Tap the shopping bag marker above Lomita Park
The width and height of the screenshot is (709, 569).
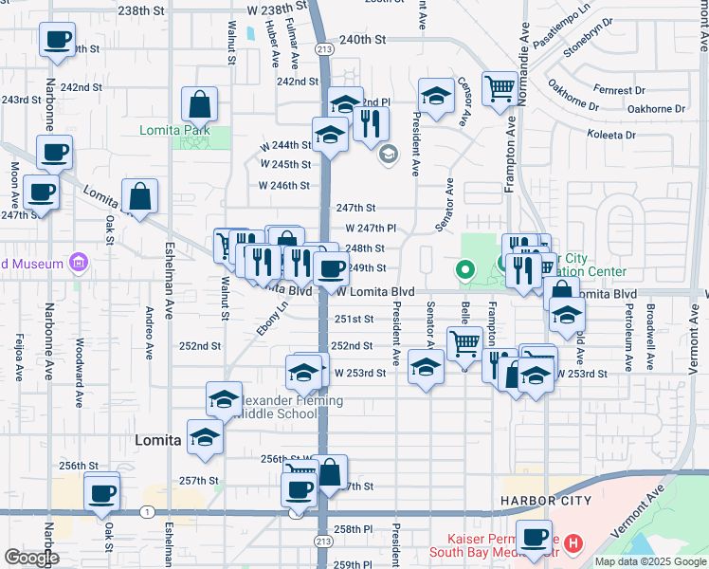(200, 103)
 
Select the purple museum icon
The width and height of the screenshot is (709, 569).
(79, 263)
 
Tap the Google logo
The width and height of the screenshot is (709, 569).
(31, 558)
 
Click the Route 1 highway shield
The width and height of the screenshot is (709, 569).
(146, 512)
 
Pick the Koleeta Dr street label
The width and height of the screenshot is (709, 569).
(611, 135)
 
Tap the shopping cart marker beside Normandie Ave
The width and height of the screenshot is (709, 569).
(500, 89)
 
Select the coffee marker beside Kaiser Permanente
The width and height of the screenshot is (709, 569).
(534, 536)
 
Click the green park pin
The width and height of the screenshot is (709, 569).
(464, 271)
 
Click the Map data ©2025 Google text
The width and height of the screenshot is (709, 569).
(649, 561)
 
